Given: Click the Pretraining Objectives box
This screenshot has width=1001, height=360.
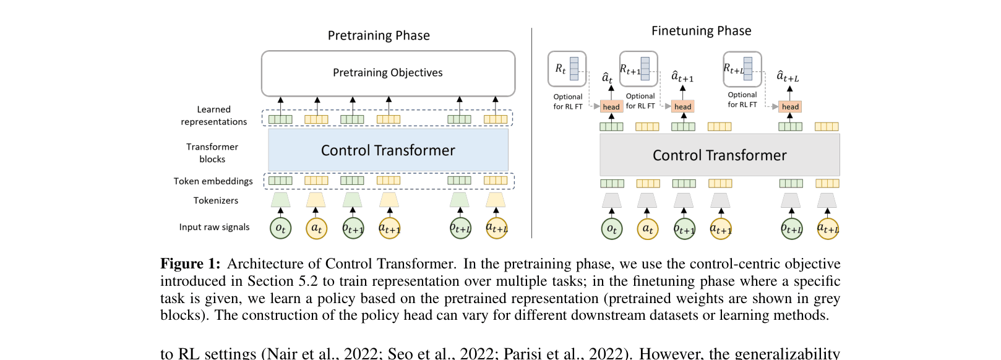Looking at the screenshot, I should coord(388,73).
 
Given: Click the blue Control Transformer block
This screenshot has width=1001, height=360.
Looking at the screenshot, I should coord(388,150).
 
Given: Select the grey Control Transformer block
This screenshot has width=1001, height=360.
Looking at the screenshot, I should coord(720,155).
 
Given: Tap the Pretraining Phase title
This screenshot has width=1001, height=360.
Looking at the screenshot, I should coord(379,36).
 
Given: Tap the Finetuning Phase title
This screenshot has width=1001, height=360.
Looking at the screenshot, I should coord(701,31).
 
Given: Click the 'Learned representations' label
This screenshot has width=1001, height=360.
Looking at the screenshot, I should coord(214,116).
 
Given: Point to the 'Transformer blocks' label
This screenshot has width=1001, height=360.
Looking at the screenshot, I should coord(212,153).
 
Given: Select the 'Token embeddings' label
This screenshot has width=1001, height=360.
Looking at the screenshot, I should coord(213,181).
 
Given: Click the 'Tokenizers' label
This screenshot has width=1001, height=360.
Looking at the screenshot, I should coord(215,200).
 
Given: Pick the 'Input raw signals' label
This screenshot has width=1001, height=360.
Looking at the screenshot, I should coord(214,227).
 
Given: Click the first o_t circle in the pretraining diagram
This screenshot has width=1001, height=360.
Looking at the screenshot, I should coord(280,228).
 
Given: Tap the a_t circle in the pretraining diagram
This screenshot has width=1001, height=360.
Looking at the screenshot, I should coord(316,228).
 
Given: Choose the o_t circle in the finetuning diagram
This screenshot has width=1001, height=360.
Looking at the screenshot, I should coord(612,229).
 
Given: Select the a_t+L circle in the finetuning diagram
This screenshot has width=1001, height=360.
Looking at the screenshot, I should coord(828,229).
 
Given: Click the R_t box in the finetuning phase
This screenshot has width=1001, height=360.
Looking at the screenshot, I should coord(567,69).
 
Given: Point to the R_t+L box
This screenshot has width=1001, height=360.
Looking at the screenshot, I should coord(742,69).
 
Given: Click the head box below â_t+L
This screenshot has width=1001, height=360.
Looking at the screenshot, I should coord(790,106).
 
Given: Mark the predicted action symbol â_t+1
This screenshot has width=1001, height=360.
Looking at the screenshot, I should coord(682,77).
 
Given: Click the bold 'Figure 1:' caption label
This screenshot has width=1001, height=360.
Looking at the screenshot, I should coord(190,264).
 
